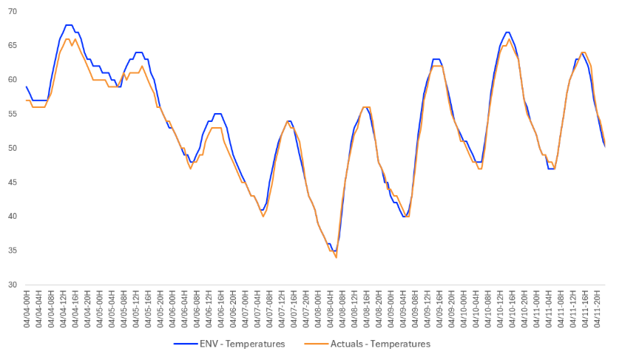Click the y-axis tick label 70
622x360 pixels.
point(13,12)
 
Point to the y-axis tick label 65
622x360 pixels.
point(13,46)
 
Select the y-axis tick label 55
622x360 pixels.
point(13,114)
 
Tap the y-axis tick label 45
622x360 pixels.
point(13,182)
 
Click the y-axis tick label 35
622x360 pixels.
point(13,251)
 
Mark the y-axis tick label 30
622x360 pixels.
point(13,285)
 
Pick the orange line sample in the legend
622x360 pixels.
point(314,344)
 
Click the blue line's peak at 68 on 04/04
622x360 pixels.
point(68,25)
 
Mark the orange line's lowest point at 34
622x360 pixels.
point(336,257)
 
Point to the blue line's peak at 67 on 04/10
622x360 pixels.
point(507,33)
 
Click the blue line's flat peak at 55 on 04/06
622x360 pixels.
point(217,114)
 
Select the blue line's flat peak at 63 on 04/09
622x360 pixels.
point(436,59)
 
